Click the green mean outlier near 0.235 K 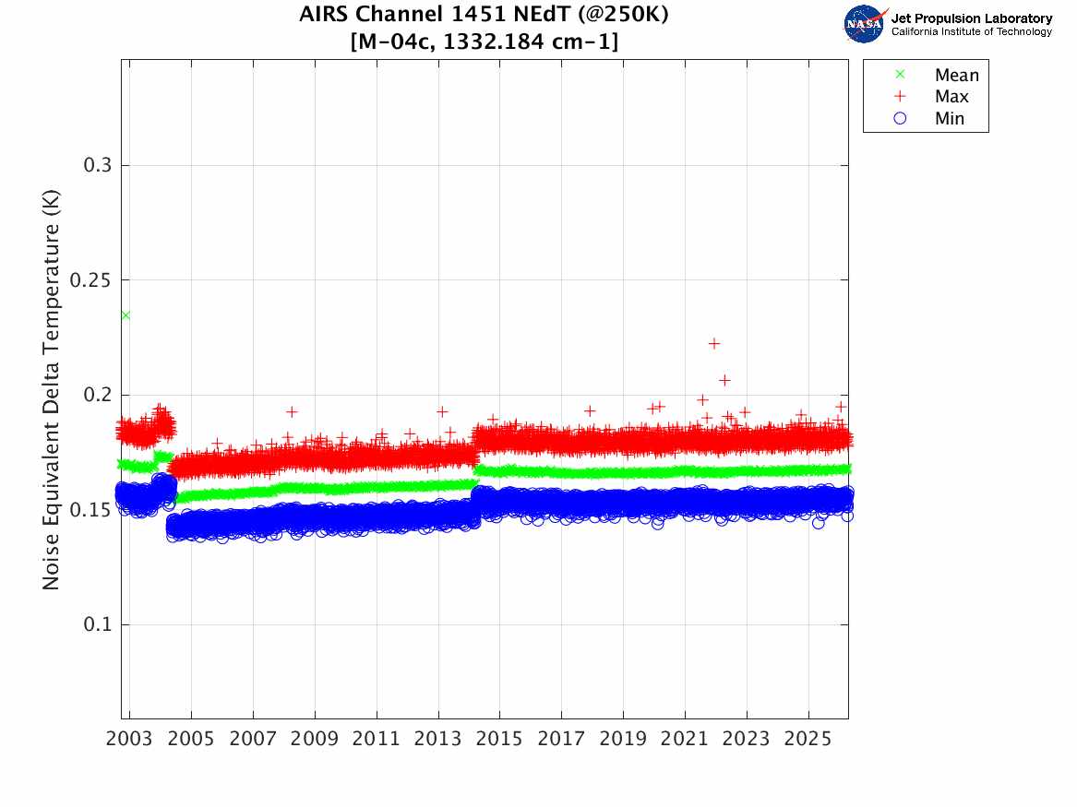pos(126,315)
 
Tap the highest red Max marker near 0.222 pos(713,343)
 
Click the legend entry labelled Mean pos(956,76)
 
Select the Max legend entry pos(951,97)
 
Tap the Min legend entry pos(950,118)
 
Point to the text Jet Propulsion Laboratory pos(971,18)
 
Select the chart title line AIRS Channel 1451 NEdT pos(485,16)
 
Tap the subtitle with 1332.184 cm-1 pos(485,42)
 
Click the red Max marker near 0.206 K pos(724,380)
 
